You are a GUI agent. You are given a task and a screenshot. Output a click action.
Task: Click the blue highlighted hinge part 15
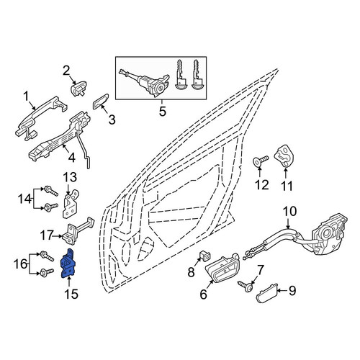[68, 264]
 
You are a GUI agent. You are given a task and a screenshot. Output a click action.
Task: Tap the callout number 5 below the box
[163, 111]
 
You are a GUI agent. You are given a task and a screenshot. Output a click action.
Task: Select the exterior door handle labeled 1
[41, 116]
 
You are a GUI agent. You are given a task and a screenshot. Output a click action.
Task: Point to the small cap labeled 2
[78, 88]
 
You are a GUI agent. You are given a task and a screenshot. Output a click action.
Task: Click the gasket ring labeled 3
[101, 102]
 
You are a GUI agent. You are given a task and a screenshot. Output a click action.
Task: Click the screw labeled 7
[246, 287]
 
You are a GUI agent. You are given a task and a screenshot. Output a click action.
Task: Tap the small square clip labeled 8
[204, 256]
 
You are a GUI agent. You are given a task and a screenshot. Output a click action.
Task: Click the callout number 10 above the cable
[290, 211]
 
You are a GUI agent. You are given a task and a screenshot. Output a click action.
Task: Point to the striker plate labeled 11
[284, 156]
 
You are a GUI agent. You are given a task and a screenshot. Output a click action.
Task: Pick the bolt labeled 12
[261, 161]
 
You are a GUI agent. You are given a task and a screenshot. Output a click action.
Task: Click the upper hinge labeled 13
[71, 203]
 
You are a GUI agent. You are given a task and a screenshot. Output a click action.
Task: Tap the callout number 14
[24, 199]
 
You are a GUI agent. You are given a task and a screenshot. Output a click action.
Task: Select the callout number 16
[20, 264]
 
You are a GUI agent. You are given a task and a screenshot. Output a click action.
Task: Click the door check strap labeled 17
[77, 231]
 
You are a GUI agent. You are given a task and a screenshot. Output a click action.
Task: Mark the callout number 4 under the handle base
[71, 158]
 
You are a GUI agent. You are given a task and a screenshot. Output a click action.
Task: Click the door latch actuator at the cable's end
[329, 235]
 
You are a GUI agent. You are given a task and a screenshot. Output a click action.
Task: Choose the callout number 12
[262, 185]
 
